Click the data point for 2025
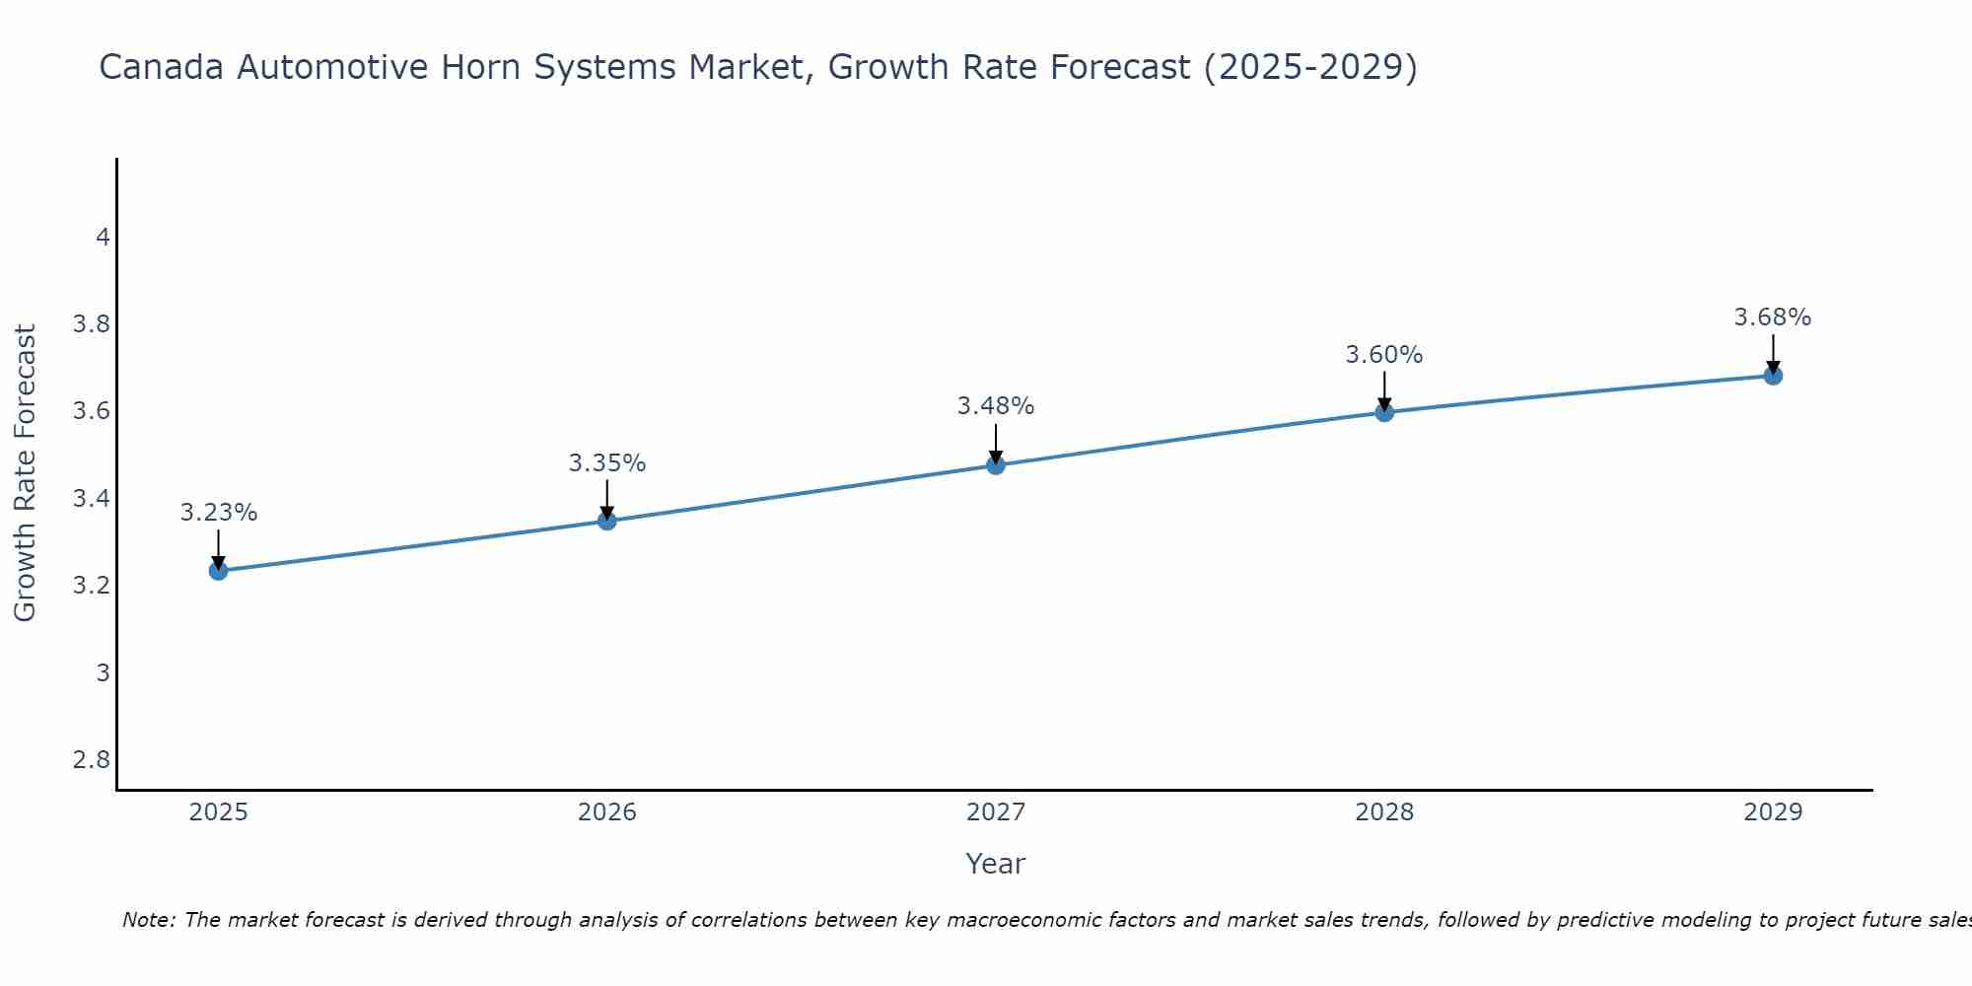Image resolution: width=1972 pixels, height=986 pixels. [x=218, y=571]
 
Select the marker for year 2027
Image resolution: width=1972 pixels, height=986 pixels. [x=996, y=465]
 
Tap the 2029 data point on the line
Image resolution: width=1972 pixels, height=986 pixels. [x=1773, y=376]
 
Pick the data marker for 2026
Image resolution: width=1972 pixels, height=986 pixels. [x=607, y=521]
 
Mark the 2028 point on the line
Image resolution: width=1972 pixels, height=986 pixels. [x=1384, y=412]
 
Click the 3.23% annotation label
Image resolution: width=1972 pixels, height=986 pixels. [x=218, y=513]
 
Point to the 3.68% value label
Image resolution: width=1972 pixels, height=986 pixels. [x=1773, y=317]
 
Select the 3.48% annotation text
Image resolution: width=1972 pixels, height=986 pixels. [x=996, y=406]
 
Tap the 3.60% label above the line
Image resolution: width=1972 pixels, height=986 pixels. [x=1384, y=355]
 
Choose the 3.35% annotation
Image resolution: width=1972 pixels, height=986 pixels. [x=607, y=463]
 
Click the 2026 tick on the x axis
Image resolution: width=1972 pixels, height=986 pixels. [x=607, y=812]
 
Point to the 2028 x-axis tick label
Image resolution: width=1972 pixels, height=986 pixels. [x=1384, y=812]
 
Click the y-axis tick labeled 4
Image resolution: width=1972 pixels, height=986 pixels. [x=103, y=238]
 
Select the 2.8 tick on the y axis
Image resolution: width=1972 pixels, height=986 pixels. [x=92, y=760]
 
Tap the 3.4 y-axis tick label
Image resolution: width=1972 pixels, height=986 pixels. [x=92, y=499]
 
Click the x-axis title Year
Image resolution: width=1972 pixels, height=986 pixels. [x=996, y=864]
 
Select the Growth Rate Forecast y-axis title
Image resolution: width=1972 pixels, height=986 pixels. [x=25, y=473]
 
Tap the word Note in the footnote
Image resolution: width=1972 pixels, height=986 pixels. [x=147, y=920]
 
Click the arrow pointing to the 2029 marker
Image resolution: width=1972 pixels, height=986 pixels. [x=1773, y=353]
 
